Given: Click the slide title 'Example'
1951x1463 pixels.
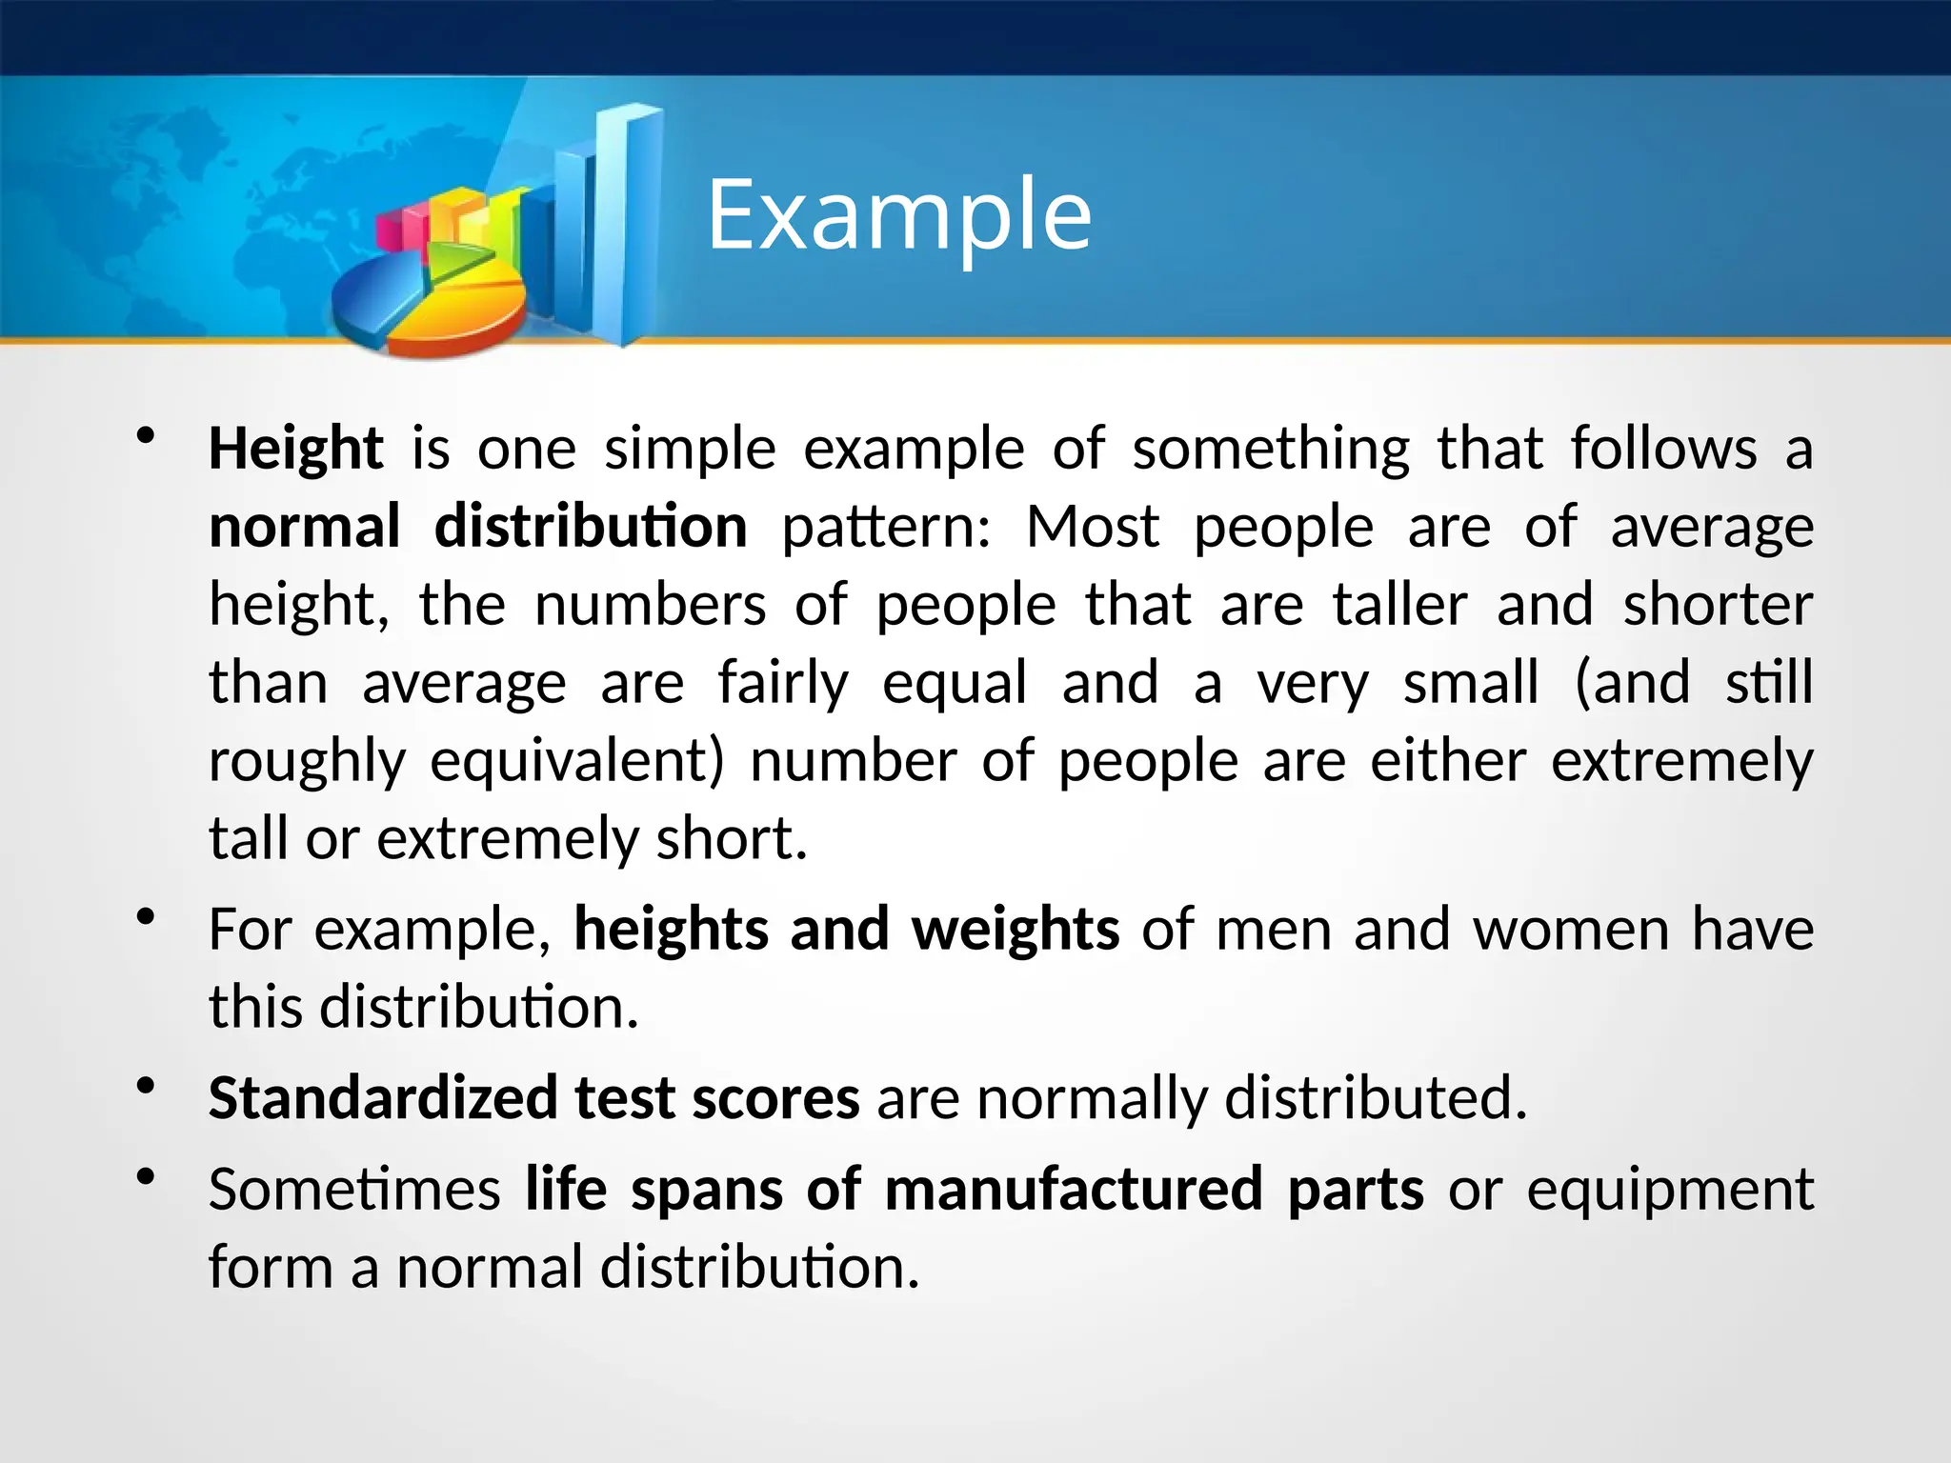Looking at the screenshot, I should [898, 215].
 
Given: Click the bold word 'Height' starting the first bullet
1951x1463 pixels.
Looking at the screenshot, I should [295, 449].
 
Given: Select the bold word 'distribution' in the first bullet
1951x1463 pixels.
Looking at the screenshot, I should [591, 527].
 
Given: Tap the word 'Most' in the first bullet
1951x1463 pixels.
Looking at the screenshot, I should [1093, 527].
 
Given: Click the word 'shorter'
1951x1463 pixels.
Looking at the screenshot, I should [1718, 605].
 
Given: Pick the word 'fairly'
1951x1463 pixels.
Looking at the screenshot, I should [782, 683].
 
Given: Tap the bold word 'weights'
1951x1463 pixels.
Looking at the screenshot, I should [1016, 930].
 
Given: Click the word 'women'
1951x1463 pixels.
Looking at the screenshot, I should [1571, 930].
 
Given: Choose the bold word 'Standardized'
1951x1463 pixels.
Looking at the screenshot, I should [383, 1098].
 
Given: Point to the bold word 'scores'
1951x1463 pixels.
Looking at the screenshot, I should [775, 1098].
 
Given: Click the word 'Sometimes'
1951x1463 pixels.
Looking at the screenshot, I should [354, 1190].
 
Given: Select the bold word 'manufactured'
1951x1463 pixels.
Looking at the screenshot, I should [1074, 1190].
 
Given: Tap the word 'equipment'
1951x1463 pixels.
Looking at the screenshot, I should [1670, 1190].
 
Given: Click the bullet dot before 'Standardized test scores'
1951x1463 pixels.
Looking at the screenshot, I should [146, 1086].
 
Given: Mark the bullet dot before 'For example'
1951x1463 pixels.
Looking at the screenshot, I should [146, 917].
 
